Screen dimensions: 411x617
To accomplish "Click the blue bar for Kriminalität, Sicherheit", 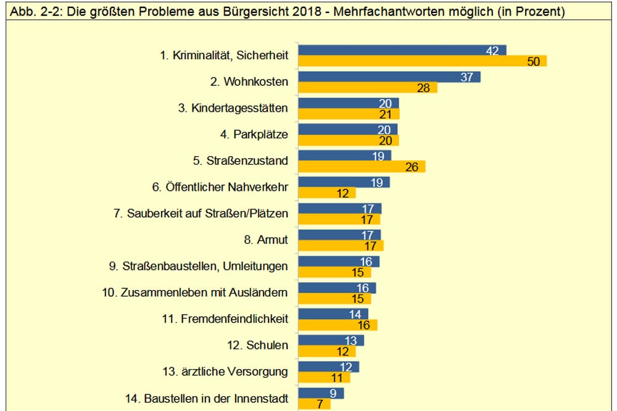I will [x=401, y=50].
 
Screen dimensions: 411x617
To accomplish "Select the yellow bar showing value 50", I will [x=422, y=61].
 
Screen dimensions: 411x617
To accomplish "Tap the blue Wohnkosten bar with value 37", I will [x=389, y=77].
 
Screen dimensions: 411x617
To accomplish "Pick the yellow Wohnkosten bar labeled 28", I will [x=367, y=88].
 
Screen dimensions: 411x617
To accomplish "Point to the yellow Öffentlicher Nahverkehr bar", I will [x=326, y=193].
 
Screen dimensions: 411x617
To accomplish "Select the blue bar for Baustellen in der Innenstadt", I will [x=320, y=393].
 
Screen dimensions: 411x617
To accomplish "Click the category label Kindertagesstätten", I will [x=233, y=109].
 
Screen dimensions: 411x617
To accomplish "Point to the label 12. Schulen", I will [x=257, y=345].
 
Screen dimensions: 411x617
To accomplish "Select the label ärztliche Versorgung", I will [x=225, y=372].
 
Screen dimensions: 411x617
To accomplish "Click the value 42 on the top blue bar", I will [x=492, y=50].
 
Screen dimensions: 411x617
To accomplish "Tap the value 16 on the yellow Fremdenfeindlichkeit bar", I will [x=364, y=325].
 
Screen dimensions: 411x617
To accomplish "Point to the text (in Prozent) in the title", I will [x=531, y=12].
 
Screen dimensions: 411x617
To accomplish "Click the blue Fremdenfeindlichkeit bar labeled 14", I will [x=333, y=314].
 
